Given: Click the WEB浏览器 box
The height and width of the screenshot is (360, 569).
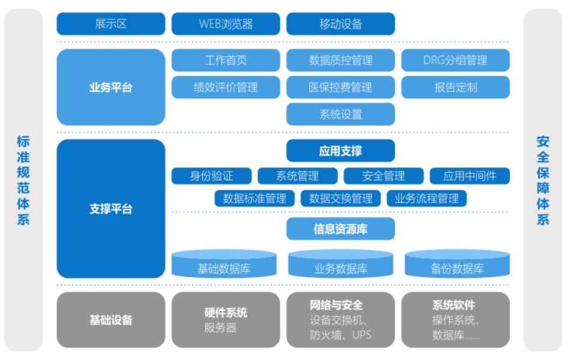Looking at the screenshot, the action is click(226, 24).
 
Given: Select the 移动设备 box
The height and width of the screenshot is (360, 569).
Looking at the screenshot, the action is click(340, 24).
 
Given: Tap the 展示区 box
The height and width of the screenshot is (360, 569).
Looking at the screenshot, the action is click(111, 24).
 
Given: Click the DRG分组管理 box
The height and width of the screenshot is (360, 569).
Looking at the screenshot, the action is click(456, 60).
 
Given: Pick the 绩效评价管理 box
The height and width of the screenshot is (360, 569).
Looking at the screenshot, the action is click(226, 87).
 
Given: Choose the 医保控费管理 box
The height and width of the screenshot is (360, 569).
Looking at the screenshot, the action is click(340, 87).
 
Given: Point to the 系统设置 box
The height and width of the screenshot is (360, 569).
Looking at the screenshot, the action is click(340, 115).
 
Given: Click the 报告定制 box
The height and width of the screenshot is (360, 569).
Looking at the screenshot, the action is click(456, 87).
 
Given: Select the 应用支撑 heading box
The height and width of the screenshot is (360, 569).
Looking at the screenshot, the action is click(340, 151).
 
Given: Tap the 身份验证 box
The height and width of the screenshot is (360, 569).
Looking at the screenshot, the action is click(211, 176).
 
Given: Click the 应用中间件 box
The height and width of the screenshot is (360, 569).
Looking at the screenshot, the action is click(470, 176).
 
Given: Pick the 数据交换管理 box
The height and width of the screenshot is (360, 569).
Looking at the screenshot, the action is click(341, 199).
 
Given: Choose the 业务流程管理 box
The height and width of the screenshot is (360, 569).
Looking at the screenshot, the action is click(427, 199).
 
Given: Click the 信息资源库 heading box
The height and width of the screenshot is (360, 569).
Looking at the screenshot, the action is click(340, 229).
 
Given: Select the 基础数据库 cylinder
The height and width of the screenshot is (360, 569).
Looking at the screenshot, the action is click(224, 264).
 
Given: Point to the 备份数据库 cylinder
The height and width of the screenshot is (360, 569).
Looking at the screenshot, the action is click(457, 264).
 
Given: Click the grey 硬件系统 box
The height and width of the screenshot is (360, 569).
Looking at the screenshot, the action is click(226, 320).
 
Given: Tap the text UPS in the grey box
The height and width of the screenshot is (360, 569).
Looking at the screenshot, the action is click(362, 335).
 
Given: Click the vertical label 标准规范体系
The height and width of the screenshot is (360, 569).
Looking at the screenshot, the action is click(23, 181).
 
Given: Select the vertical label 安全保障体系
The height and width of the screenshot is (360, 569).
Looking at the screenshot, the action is click(543, 181).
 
